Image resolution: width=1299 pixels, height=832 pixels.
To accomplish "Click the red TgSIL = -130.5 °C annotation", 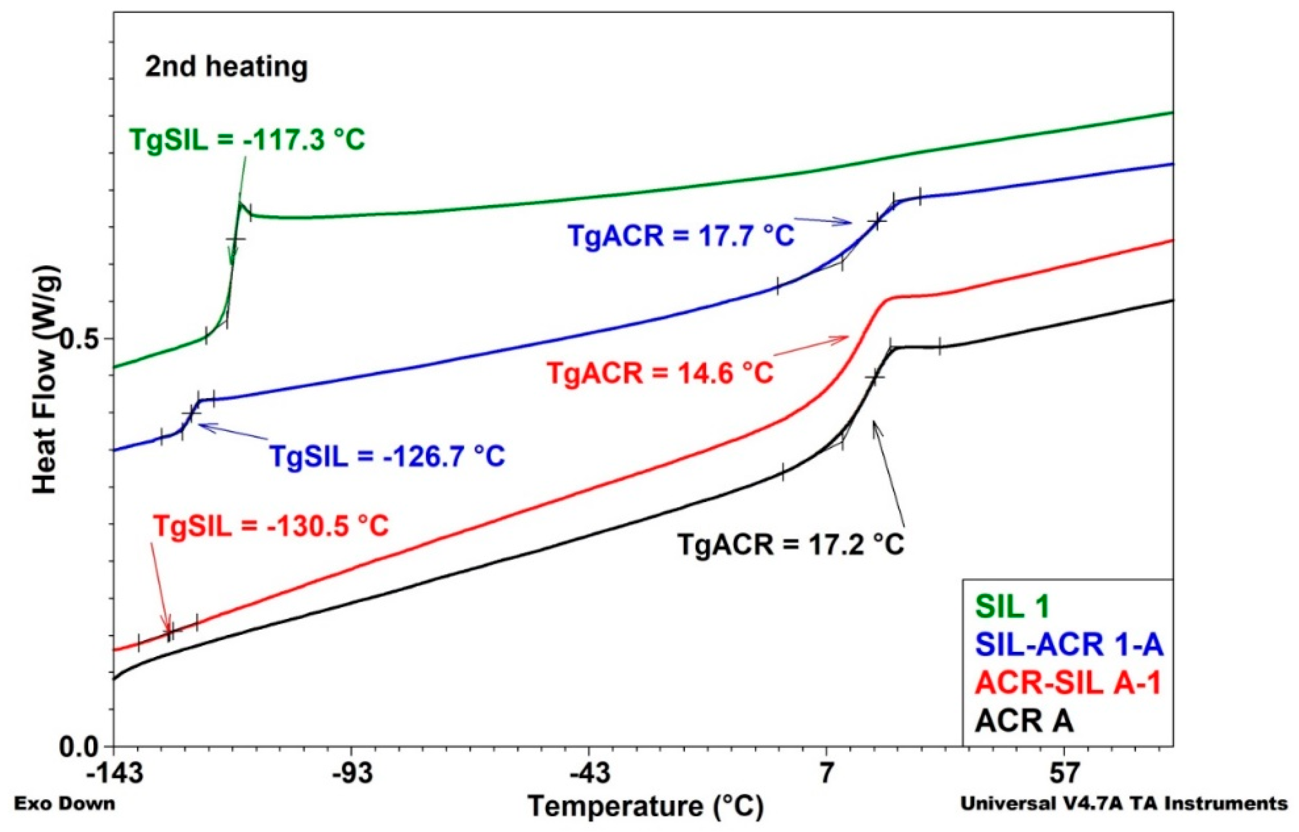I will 271,526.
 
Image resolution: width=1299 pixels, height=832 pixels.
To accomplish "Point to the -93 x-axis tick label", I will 352,775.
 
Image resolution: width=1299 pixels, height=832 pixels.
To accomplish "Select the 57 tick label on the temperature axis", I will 1064,775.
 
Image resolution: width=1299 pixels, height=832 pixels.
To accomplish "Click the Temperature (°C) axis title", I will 646,806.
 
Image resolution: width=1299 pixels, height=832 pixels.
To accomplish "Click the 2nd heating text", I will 226,67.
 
